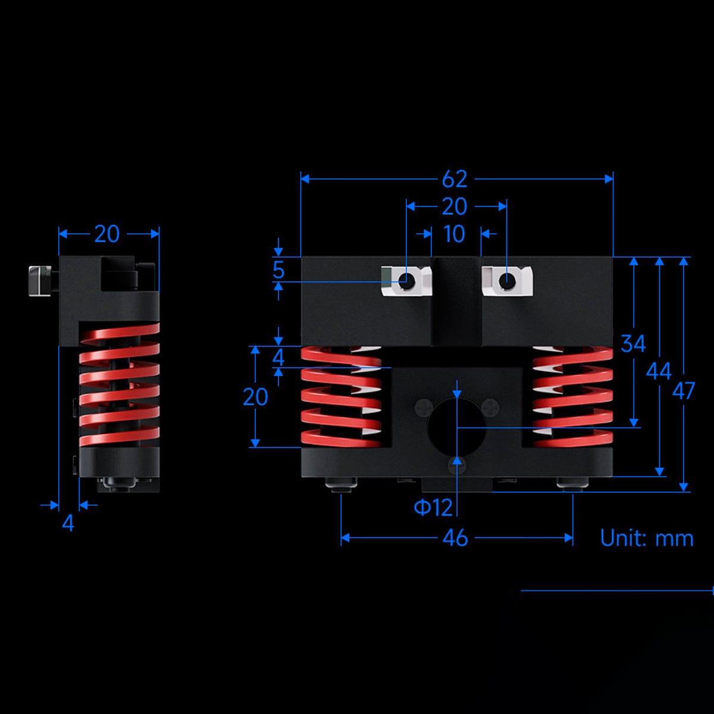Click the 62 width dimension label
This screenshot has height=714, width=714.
(x=455, y=179)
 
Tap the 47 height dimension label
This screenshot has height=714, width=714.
(x=683, y=391)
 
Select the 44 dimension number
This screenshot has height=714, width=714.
(x=659, y=371)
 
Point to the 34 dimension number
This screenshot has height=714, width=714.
(x=633, y=343)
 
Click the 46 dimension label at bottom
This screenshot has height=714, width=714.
(x=455, y=538)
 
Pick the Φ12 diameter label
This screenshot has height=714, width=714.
(x=433, y=508)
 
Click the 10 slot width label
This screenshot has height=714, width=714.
(x=454, y=234)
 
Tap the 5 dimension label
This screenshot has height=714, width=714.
(x=278, y=270)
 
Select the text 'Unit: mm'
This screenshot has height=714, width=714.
(x=647, y=538)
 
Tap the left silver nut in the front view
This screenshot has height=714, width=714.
(x=406, y=280)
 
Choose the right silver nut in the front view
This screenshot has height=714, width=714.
(x=506, y=280)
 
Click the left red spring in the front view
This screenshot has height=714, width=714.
(x=341, y=397)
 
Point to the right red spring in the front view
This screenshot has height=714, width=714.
(x=572, y=397)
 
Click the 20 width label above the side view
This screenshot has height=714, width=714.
(x=107, y=234)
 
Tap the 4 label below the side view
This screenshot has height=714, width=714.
(x=68, y=524)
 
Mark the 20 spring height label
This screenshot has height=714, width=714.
(x=255, y=397)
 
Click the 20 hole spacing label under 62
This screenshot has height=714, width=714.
(x=455, y=206)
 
